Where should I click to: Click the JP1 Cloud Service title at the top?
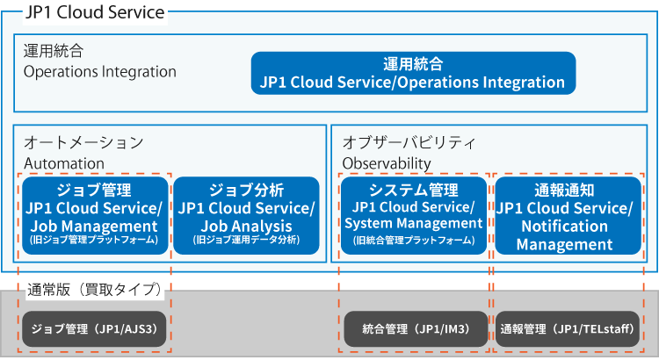point(95,12)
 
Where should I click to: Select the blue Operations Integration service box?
point(413,73)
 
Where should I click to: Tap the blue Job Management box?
point(95,215)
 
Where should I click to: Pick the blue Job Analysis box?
point(246,215)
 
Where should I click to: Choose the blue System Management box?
point(414,215)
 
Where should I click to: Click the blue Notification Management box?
point(568,215)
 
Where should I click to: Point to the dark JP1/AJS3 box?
point(94,329)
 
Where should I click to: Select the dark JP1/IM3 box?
point(416,329)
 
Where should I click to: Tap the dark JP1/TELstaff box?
point(568,329)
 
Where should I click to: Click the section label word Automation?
point(64,163)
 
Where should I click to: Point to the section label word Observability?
point(387,163)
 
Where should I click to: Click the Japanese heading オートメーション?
point(83,142)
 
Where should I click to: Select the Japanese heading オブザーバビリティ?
point(409,142)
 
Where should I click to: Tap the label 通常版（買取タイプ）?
point(95,290)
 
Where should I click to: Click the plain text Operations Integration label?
point(100,72)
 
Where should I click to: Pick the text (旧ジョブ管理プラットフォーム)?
point(94,240)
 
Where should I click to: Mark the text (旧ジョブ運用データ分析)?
point(246,240)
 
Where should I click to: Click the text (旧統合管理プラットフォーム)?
point(414,241)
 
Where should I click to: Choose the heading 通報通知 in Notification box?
point(564,191)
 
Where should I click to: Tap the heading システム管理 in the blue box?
point(414,191)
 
